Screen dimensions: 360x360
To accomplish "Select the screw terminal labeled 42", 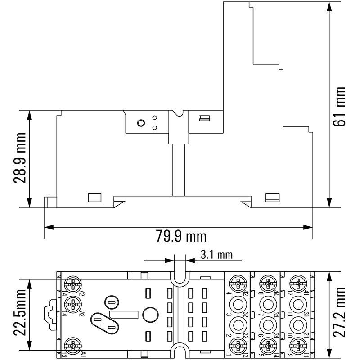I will coord(237,283).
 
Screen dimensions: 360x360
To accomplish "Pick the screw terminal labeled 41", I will coord(296,283).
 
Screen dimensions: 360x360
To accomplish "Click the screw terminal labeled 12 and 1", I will coord(237,346).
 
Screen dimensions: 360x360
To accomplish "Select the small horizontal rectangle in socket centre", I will coord(124,316).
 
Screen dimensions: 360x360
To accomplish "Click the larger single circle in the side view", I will coord(140,123).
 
